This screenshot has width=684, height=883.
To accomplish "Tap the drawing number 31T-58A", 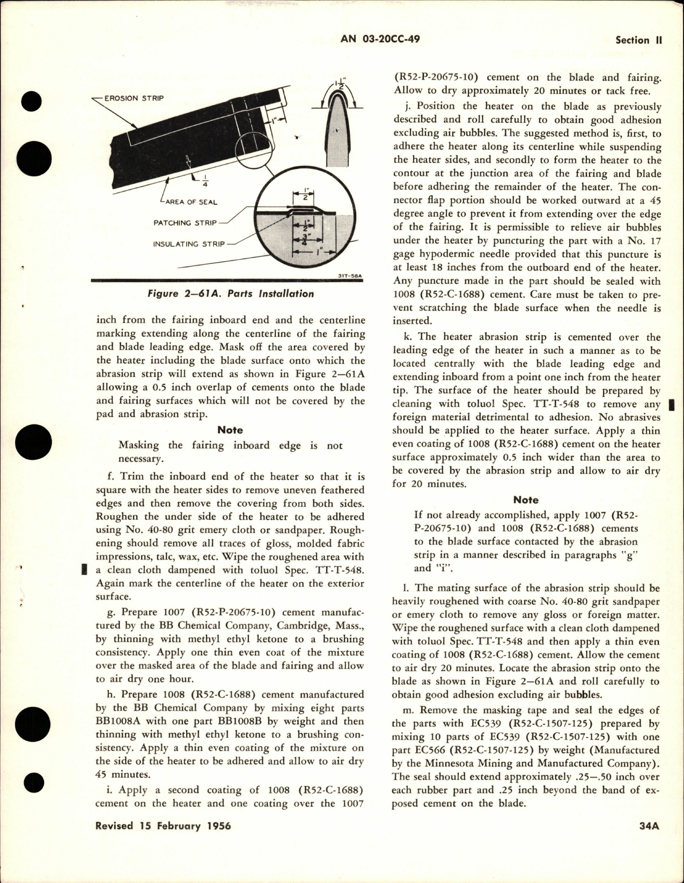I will tap(352, 277).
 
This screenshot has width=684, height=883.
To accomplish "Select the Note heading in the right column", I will tap(526, 499).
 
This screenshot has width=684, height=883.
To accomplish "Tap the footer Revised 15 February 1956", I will tap(163, 841).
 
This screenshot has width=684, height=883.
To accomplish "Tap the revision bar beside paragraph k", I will tap(673, 404).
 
